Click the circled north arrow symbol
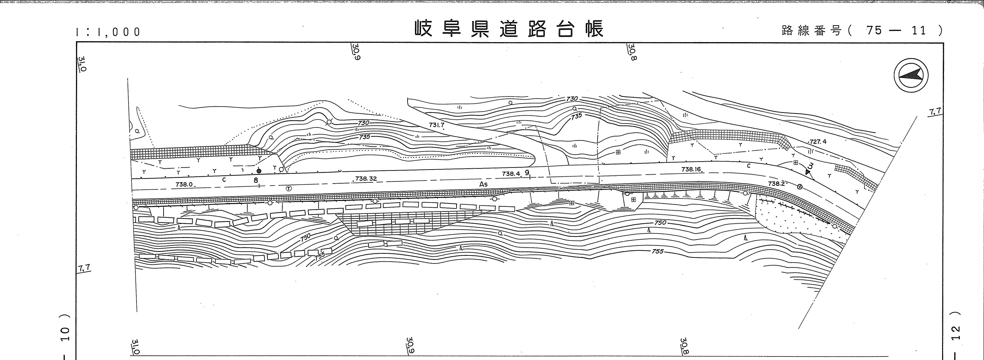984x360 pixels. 911,76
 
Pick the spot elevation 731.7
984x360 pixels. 437,125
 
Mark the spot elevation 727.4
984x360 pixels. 818,141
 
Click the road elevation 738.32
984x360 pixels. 366,178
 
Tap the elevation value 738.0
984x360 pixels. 184,184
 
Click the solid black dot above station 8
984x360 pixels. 259,171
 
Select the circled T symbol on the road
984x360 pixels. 289,188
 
